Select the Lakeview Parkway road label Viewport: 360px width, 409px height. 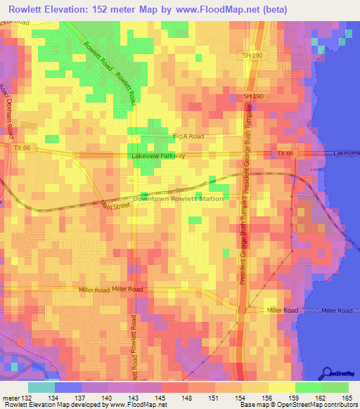[x=157, y=156]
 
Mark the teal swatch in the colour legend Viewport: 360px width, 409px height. [x=41, y=387]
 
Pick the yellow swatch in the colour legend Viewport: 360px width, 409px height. [x=282, y=387]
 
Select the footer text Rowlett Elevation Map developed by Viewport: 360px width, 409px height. [x=49, y=405]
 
